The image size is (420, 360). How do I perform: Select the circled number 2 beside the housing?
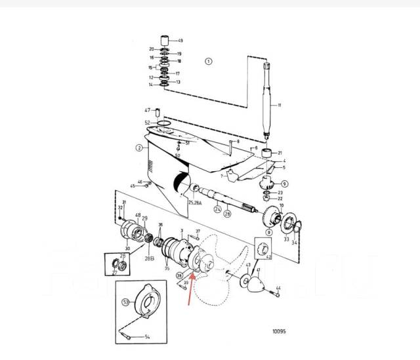[138, 148]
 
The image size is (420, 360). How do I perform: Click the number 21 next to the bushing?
[281, 152]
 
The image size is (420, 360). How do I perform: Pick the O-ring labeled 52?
[165, 123]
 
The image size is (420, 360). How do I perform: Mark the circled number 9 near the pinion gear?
[285, 184]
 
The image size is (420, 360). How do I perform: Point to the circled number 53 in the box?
[125, 302]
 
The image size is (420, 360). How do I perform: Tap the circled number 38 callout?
[178, 277]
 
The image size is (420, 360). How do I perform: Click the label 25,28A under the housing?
[195, 203]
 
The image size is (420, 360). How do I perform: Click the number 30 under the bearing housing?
[127, 249]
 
